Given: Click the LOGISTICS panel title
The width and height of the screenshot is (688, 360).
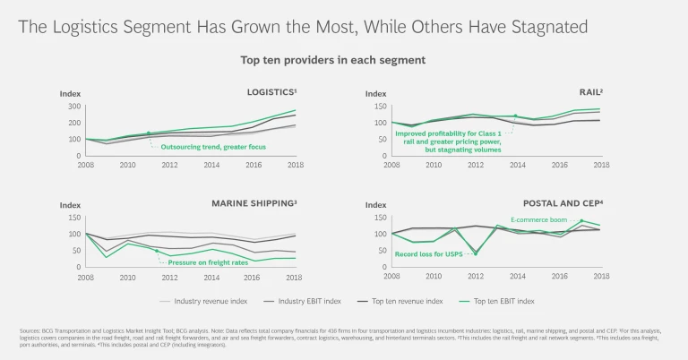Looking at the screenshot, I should (x=271, y=92).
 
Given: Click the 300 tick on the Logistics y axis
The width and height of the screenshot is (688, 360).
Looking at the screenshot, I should (x=73, y=107).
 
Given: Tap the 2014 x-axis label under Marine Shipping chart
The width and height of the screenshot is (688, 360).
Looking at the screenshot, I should (x=212, y=276).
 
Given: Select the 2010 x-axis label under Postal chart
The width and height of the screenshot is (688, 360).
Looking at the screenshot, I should (x=433, y=276).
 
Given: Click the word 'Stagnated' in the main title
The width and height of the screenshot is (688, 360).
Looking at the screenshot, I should (x=541, y=27).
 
